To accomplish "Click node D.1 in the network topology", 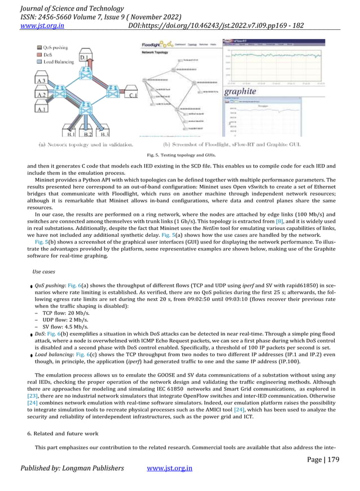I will pyautogui.click(x=84, y=58).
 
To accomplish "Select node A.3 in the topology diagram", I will pyautogui.click(x=40, y=82).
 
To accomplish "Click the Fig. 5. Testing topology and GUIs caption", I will pyautogui.click(x=180, y=154).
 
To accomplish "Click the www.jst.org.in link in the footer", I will pyautogui.click(x=170, y=468).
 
